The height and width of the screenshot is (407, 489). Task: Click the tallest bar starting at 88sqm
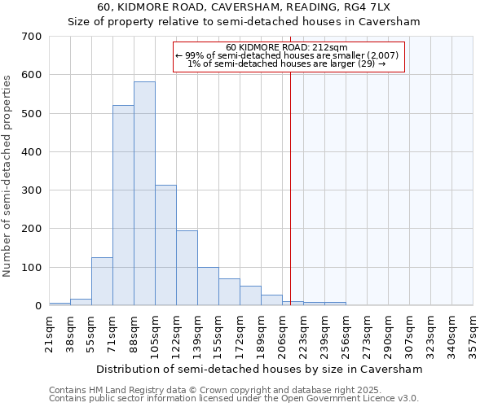[144, 194]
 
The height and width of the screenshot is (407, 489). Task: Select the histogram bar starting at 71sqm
[123, 205]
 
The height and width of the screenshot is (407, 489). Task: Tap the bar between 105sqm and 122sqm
[165, 245]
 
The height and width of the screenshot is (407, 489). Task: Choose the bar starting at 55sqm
[102, 282]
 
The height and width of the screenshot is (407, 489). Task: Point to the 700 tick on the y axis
[33, 37]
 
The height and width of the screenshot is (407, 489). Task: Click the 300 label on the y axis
[33, 190]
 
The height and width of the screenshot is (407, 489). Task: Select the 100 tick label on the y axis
[33, 268]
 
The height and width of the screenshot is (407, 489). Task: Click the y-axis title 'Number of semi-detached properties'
[8, 175]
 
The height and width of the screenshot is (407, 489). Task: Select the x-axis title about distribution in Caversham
[260, 369]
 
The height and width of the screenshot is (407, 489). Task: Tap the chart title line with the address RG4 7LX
[260, 7]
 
